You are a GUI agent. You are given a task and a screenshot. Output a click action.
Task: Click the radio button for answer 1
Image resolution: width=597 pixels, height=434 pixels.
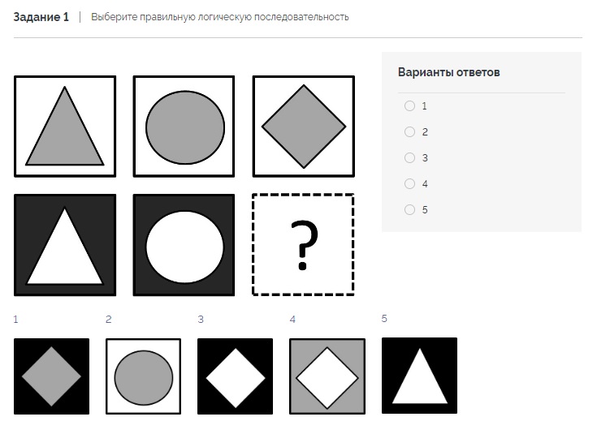(x=409, y=105)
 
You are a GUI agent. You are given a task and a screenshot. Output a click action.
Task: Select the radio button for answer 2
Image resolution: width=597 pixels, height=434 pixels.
(x=409, y=131)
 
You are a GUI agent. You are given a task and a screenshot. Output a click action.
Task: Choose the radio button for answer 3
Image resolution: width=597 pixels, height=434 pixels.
(x=409, y=157)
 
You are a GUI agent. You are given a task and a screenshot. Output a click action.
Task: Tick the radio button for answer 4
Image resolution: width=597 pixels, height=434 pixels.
(x=409, y=183)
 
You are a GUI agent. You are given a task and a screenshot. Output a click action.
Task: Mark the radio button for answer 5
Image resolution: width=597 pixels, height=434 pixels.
(x=409, y=209)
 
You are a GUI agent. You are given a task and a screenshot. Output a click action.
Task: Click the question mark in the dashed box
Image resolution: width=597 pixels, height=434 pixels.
(x=304, y=245)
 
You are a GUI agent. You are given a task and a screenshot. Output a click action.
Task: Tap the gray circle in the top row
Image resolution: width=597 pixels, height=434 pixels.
(x=185, y=127)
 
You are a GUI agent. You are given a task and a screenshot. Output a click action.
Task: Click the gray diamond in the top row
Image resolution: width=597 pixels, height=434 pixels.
(x=304, y=127)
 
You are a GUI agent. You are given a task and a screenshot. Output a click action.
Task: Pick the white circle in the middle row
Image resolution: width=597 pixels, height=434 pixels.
(x=185, y=247)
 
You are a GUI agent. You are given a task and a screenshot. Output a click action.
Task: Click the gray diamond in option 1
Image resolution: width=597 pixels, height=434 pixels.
(x=51, y=376)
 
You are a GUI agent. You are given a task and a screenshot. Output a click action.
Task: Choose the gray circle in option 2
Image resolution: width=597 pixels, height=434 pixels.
(x=144, y=378)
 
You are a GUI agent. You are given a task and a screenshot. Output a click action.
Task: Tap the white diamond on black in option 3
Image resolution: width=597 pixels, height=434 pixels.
(x=236, y=378)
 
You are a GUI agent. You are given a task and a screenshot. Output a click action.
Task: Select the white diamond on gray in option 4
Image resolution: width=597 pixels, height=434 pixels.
(x=327, y=378)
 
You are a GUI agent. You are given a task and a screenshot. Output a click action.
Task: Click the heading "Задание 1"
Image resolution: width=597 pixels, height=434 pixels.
(x=41, y=17)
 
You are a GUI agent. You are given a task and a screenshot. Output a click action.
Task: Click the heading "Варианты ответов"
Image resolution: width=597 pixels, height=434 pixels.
(x=449, y=72)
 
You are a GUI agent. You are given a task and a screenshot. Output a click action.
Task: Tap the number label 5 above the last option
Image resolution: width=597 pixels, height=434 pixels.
(x=384, y=318)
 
